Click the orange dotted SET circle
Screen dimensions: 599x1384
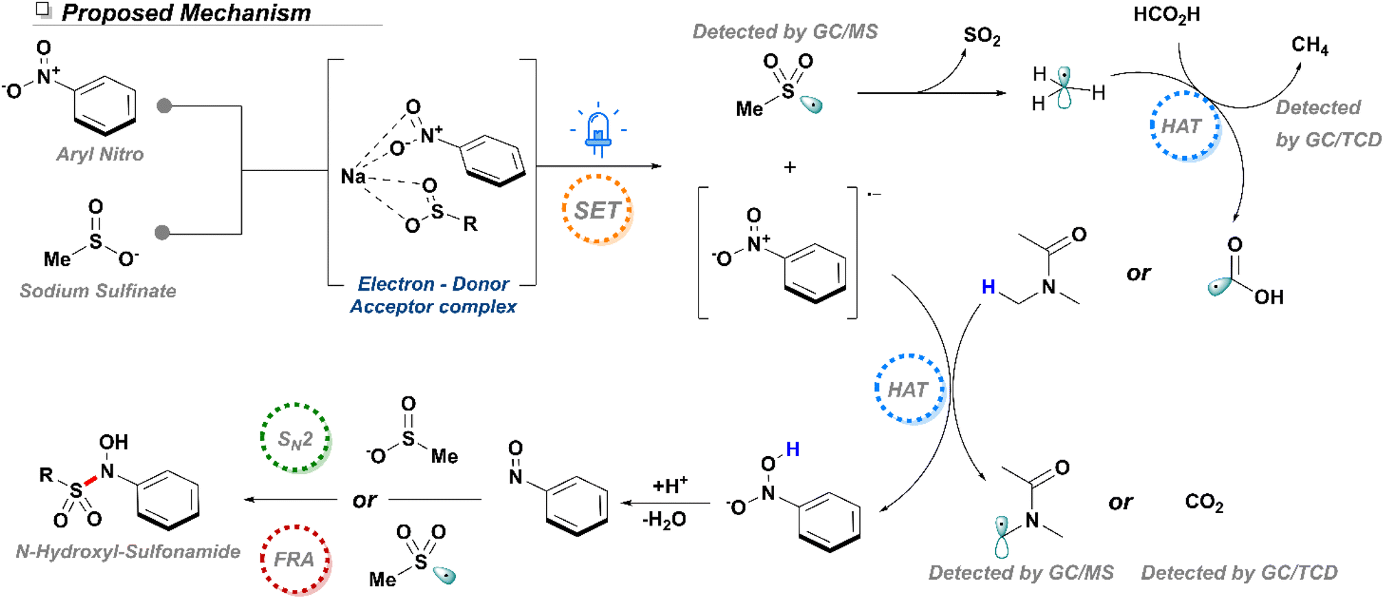click(x=597, y=210)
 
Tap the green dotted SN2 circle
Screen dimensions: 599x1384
click(x=295, y=438)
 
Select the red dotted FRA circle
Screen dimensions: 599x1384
click(x=295, y=559)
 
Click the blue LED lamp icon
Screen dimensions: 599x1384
click(x=598, y=133)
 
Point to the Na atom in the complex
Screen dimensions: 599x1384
click(x=353, y=177)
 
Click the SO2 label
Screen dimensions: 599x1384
click(x=982, y=36)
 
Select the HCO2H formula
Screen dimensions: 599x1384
click(x=1166, y=15)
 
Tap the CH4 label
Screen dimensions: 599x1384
click(x=1309, y=45)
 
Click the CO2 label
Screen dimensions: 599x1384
click(x=1204, y=502)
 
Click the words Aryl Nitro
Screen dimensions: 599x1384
click(x=100, y=154)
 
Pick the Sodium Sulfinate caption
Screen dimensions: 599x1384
click(x=98, y=291)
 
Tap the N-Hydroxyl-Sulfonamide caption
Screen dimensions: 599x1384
click(x=128, y=551)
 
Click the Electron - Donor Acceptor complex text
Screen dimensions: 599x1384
click(x=433, y=295)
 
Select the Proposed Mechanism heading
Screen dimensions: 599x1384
click(x=186, y=12)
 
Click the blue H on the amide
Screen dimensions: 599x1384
click(x=988, y=286)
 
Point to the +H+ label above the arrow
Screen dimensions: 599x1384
click(x=670, y=485)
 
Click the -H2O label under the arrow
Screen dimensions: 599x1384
click(x=664, y=520)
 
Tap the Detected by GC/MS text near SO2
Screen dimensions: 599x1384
click(x=784, y=32)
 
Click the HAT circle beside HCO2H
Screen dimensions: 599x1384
click(x=1184, y=126)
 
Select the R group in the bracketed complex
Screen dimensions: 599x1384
click(x=470, y=224)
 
